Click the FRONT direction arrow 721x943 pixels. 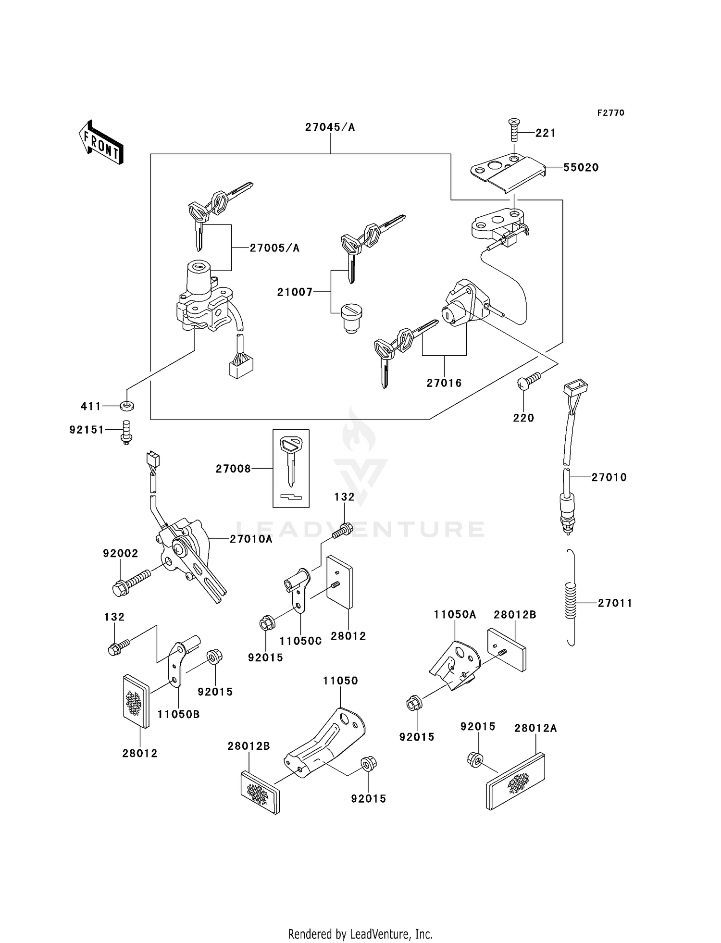click(101, 143)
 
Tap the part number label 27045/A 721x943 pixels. click(330, 127)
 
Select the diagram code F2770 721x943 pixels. click(610, 113)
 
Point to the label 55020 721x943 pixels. click(581, 168)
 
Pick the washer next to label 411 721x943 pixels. click(126, 406)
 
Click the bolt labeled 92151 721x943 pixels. click(126, 432)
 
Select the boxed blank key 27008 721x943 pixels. click(291, 468)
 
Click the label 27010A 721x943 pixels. click(250, 539)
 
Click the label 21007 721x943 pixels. click(295, 292)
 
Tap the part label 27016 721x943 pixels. click(444, 383)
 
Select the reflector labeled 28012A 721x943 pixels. click(515, 781)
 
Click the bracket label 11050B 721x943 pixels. click(178, 714)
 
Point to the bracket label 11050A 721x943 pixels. click(455, 615)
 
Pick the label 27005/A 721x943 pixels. click(274, 248)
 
